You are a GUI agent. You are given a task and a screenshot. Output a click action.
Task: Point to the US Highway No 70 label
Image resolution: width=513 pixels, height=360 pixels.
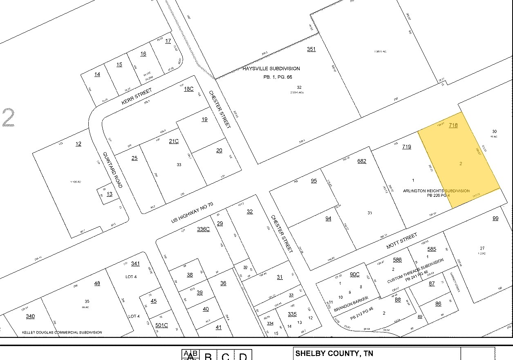192,213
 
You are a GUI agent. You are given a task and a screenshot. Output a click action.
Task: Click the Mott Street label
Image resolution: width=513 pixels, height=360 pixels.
402,241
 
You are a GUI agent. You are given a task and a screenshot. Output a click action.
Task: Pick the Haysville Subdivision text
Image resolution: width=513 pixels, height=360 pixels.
277,69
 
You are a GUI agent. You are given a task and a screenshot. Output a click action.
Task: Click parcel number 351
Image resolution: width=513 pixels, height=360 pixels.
311,49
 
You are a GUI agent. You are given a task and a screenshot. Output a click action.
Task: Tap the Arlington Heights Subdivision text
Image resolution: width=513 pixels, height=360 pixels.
436,191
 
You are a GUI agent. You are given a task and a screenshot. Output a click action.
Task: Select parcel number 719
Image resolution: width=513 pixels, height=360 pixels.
406,146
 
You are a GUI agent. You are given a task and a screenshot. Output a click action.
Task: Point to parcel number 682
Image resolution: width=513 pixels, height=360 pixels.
362,161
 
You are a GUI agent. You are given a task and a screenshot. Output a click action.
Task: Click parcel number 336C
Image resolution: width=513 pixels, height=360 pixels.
203,229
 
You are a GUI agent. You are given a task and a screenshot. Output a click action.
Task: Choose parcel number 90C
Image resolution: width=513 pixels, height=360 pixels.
355,274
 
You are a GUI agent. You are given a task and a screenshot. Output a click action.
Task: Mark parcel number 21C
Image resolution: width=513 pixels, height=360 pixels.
174,142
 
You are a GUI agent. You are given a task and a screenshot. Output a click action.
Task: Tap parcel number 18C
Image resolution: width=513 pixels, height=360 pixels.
188,89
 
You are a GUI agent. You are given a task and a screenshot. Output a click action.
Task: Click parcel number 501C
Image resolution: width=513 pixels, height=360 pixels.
161,326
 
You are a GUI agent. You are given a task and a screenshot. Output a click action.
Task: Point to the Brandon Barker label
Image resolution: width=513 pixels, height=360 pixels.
351,304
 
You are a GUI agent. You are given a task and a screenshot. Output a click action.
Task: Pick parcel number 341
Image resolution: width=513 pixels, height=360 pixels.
135,263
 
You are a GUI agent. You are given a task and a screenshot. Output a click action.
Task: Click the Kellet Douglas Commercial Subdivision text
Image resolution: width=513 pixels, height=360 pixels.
62,333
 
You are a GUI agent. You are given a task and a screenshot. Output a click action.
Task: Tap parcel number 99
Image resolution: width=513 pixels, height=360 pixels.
495,218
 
